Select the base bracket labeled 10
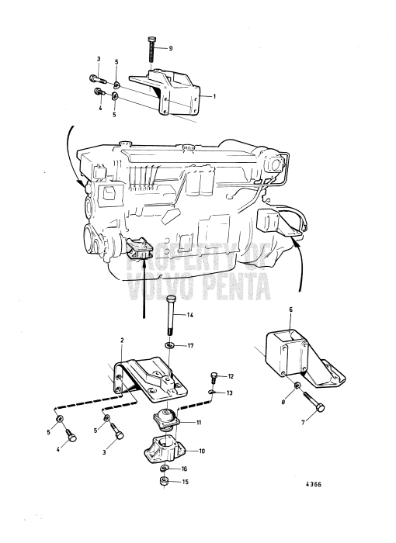pyautogui.click(x=167, y=450)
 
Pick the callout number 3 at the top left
pyautogui.click(x=99, y=59)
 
